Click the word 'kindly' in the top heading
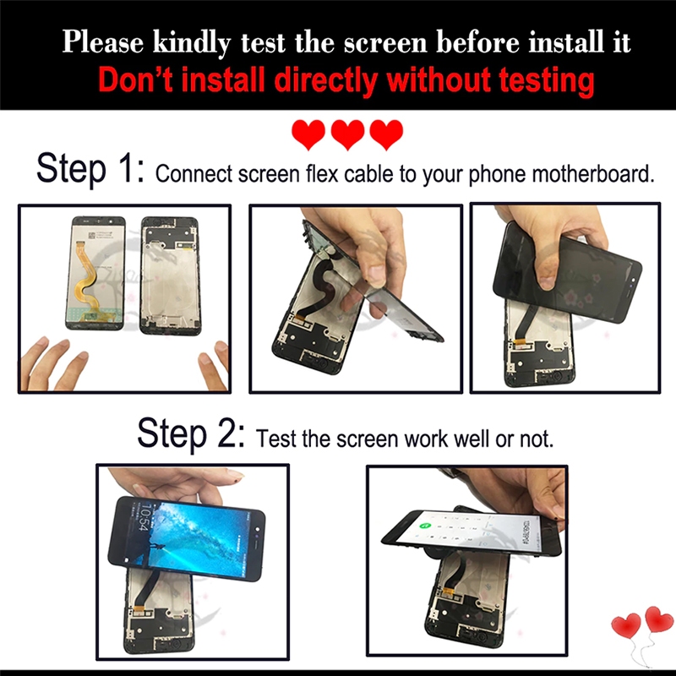tap(192, 43)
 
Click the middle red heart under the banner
tap(347, 134)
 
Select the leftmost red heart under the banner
tap(308, 134)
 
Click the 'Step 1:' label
tap(90, 169)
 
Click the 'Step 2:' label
tap(191, 433)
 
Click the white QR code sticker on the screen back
tap(91, 236)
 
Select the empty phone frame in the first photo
tap(170, 275)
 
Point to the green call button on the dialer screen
tap(425, 526)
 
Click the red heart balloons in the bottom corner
tap(643, 625)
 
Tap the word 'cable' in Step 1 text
tap(369, 174)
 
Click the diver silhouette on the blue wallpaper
tap(161, 549)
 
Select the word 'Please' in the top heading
tap(103, 42)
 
